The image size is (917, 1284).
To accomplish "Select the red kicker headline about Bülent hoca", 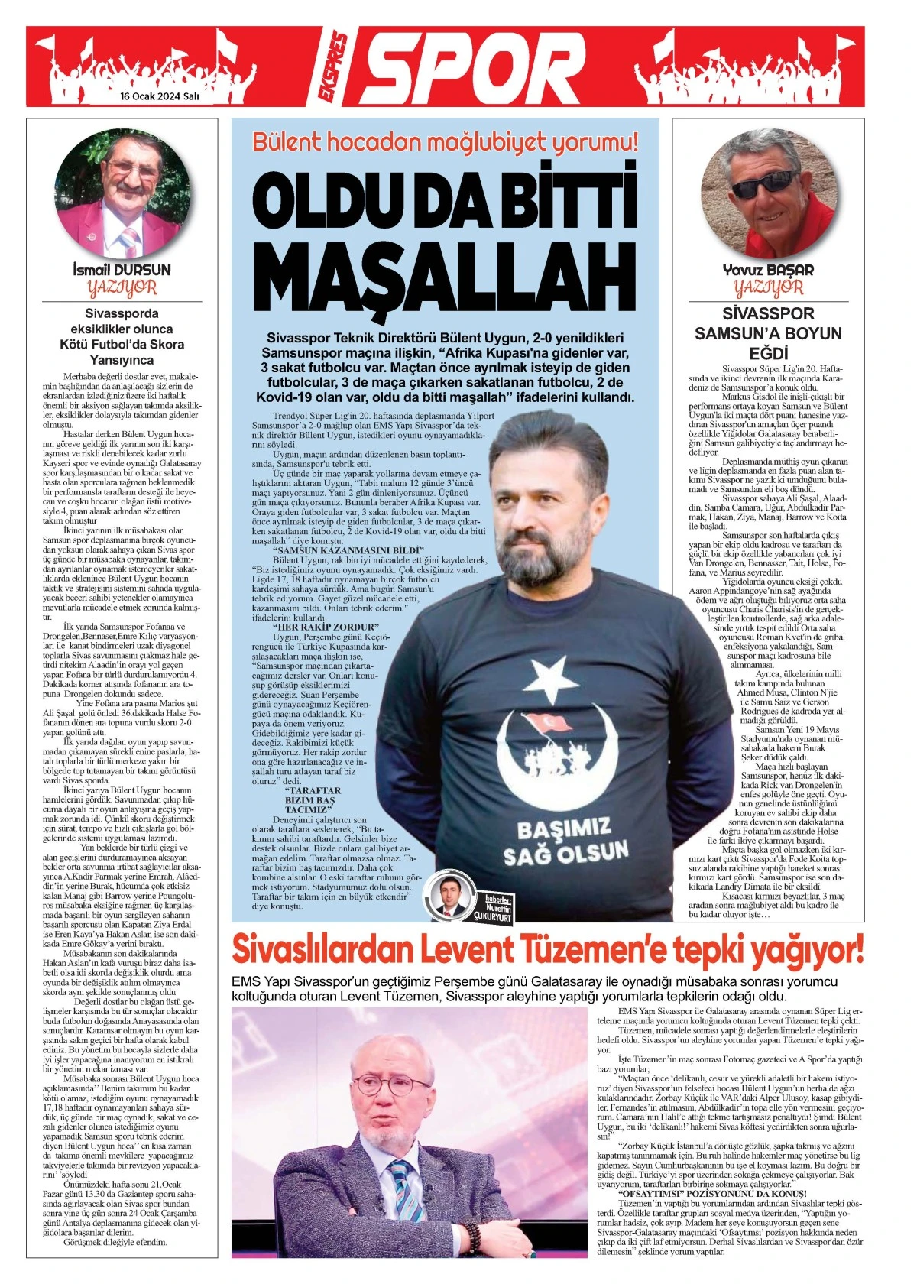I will tap(445, 142).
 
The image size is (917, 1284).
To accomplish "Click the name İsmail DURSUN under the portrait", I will tap(122, 270).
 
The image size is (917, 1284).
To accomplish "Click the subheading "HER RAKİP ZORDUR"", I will tap(325, 627).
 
